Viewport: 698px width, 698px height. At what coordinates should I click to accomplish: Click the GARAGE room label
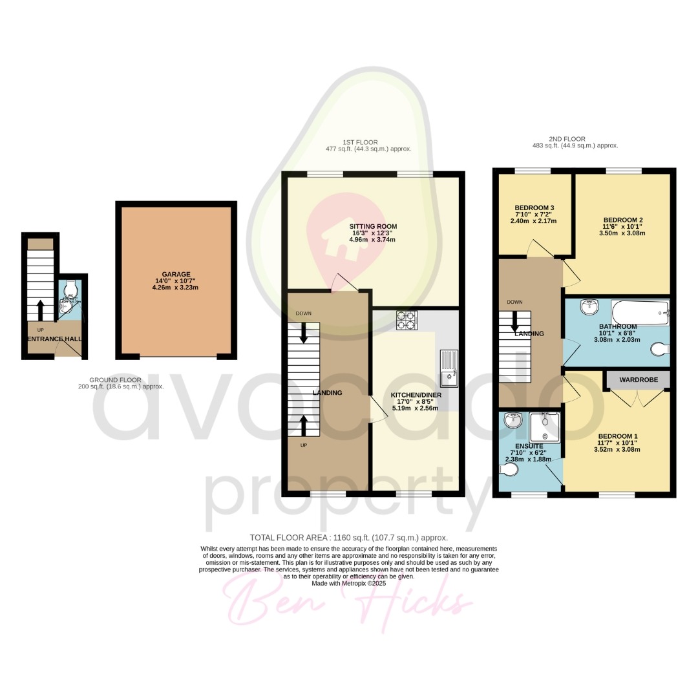point(176,274)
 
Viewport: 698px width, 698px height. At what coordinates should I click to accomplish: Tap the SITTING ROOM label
point(373,227)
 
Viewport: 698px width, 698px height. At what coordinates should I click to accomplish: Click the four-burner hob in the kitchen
point(405,319)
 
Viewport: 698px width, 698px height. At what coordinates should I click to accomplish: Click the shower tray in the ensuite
point(545,427)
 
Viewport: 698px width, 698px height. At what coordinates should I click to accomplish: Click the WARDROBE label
point(639,380)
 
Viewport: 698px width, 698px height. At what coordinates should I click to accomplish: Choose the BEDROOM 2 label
point(622,220)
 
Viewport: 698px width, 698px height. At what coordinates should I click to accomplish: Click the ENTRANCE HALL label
point(54,339)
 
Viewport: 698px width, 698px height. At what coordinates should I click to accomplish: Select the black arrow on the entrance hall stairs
point(40,310)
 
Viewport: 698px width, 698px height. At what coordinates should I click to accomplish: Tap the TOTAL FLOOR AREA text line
point(348,538)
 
